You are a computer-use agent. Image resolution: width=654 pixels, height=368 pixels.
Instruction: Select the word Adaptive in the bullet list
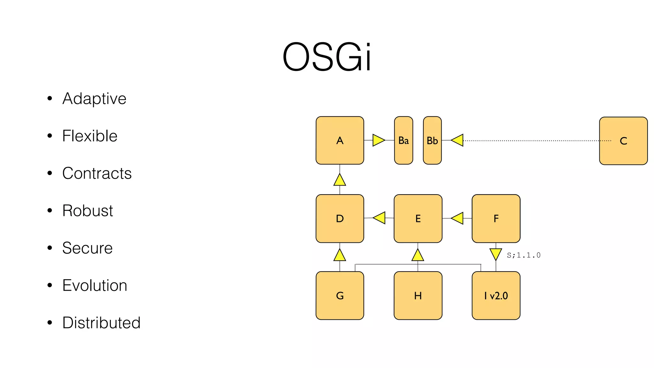[x=94, y=98]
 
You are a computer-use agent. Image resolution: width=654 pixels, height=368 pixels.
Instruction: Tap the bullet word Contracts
[x=97, y=173]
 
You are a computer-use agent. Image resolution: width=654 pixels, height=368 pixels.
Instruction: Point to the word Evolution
[x=95, y=285]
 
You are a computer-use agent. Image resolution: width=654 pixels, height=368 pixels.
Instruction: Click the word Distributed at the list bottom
[x=101, y=323]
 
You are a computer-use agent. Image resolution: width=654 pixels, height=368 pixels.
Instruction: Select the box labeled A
[x=340, y=141]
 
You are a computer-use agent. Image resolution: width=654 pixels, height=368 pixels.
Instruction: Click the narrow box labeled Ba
[x=404, y=141]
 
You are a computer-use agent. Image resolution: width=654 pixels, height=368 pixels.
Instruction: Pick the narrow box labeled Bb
[x=432, y=141]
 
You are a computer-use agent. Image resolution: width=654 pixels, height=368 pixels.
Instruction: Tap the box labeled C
[x=623, y=141]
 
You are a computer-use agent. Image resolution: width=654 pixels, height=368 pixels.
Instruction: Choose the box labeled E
[x=418, y=218]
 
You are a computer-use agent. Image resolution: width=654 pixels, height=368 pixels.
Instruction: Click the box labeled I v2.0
[x=496, y=295]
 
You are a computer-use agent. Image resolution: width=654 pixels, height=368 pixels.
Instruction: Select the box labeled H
[x=418, y=295]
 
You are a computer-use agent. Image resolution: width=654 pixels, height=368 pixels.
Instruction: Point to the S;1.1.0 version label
[x=524, y=255]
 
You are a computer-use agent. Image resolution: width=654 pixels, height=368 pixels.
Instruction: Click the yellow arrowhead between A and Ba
[x=378, y=140]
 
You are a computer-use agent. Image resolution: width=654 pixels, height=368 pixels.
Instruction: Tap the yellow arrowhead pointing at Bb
[x=458, y=140]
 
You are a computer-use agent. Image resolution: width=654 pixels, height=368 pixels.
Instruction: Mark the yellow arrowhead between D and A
[x=340, y=180]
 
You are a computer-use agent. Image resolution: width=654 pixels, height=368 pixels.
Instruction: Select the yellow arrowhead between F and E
[x=458, y=218]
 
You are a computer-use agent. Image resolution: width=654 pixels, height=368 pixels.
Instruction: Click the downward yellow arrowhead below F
[x=496, y=254]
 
